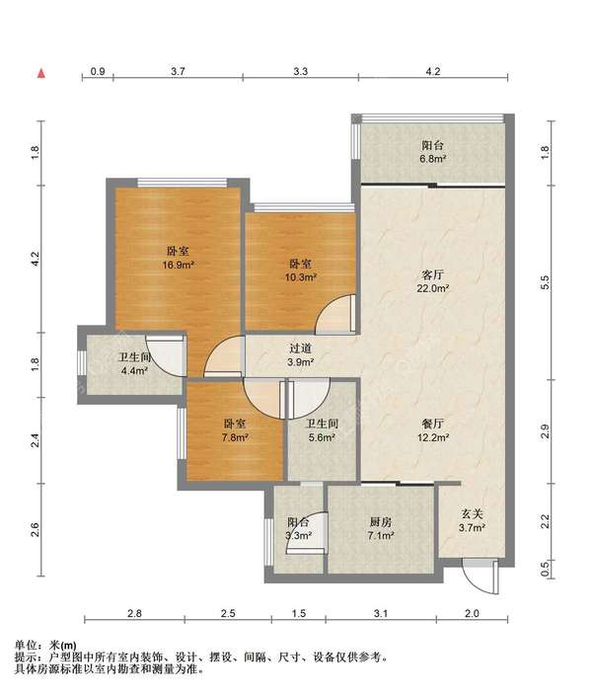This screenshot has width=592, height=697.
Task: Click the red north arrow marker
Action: click(40, 74)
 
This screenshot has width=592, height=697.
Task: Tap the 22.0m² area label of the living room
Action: click(432, 288)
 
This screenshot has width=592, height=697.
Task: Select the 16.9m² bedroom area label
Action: click(179, 265)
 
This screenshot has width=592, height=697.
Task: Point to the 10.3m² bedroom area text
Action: click(300, 277)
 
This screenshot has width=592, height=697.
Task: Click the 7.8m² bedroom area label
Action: click(235, 437)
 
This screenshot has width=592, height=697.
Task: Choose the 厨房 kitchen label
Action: click(381, 522)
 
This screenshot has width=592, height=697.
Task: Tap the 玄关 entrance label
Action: click(472, 514)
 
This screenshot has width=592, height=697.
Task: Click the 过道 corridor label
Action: click(301, 348)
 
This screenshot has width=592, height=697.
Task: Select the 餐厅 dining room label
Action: click(433, 424)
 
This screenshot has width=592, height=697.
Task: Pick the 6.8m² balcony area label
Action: click(432, 159)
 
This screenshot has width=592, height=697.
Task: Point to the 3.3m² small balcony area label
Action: click(298, 535)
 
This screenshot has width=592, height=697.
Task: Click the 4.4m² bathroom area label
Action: click(134, 370)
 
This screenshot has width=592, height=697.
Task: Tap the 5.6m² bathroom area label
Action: click(322, 437)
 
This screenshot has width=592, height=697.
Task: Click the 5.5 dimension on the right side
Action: click(545, 282)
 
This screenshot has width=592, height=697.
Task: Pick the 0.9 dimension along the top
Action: click(98, 71)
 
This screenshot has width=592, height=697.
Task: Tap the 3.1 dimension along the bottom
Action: click(381, 613)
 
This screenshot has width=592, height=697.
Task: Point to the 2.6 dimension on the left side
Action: click(36, 530)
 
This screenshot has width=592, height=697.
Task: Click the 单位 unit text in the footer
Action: click(26, 645)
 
